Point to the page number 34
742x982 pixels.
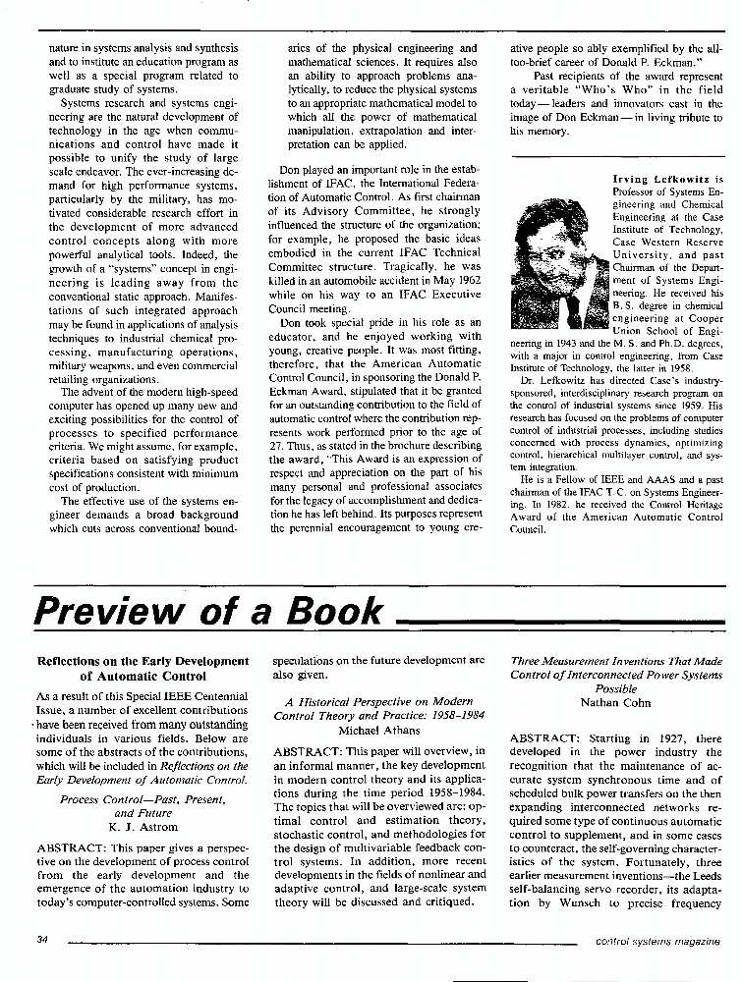coord(41,940)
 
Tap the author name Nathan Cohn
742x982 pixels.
coord(615,703)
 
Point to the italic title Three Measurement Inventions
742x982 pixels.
coord(616,662)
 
